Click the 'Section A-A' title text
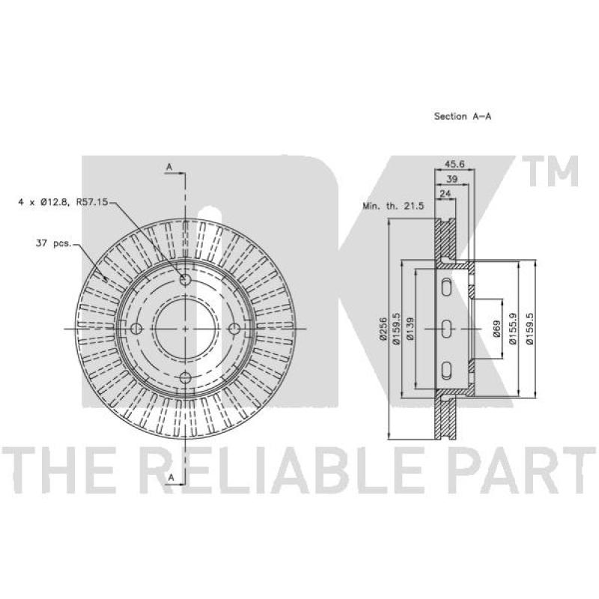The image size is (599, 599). pos(462,116)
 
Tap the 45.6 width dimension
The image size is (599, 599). pos(455,164)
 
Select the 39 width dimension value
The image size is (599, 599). pos(452,179)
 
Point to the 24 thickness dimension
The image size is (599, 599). pos(446,194)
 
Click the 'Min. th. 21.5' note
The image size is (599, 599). pos(393,207)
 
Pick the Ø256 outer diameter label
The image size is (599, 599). pos(383,329)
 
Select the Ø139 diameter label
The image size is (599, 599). pos(410,329)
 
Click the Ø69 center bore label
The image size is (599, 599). pos(496,329)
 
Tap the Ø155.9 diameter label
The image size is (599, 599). pos(513,329)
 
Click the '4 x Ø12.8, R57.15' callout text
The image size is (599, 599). pos(64,201)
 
